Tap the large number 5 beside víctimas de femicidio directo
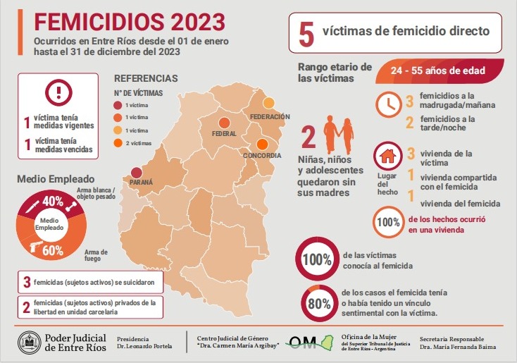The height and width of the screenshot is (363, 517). pos(306,34)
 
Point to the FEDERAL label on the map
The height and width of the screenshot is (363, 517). pos(224,133)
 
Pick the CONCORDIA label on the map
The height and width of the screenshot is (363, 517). pos(262,155)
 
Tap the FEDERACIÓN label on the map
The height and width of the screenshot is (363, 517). pos(270,116)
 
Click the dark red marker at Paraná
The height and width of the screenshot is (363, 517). pos(136,172)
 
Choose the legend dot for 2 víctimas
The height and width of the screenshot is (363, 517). pos(117,142)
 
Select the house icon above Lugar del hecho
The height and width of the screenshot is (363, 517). pos(386,153)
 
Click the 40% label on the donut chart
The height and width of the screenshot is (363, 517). pos(52,201)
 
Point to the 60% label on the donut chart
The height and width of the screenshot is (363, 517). pos(52,250)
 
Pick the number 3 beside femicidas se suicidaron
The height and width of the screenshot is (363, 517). pos(27,283)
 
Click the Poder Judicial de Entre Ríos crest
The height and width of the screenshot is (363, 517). pos(30,343)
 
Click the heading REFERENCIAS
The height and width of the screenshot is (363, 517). pos(146,78)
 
